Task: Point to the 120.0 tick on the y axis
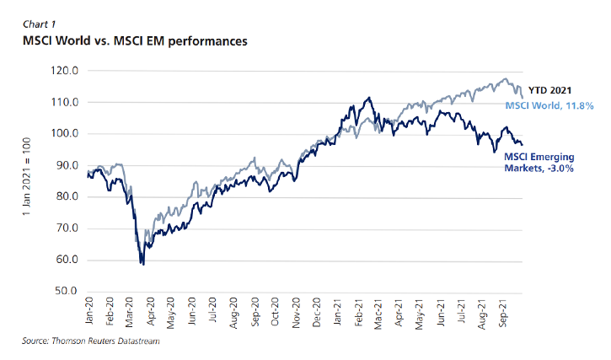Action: (x=65, y=71)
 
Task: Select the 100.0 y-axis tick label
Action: (x=65, y=134)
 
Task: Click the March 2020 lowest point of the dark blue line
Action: (x=143, y=265)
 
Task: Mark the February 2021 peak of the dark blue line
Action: (x=368, y=98)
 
